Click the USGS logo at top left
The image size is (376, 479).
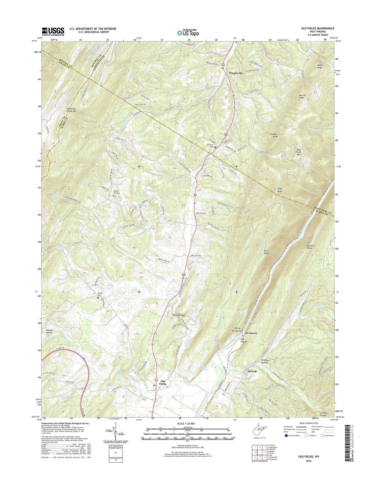[x=53, y=31]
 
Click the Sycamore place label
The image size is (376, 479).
[x=251, y=333]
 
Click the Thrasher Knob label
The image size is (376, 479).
[x=273, y=136]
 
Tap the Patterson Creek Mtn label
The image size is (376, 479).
[x=72, y=110]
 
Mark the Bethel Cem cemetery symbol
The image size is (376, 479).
[x=98, y=298]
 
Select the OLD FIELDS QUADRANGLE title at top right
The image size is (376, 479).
[x=318, y=29]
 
